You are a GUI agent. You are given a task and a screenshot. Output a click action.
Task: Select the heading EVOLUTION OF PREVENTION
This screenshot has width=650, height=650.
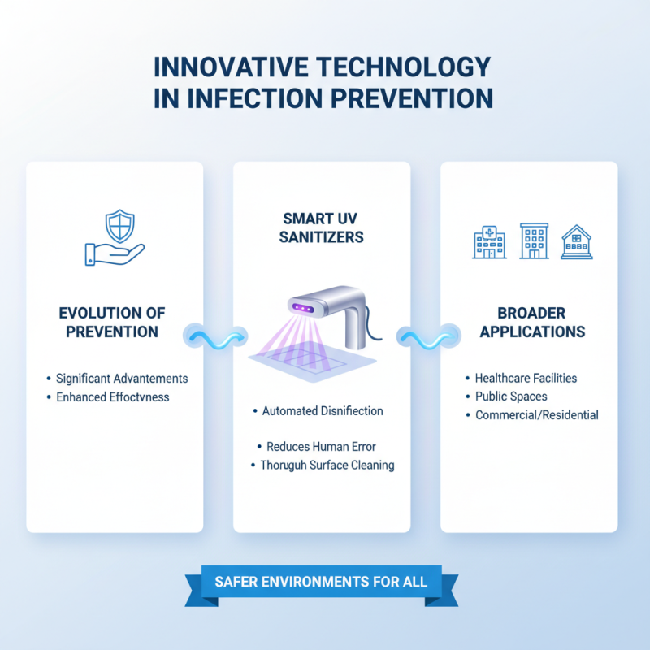click(x=114, y=321)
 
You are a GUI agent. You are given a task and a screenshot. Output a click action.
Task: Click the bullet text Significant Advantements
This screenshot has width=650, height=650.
click(x=122, y=379)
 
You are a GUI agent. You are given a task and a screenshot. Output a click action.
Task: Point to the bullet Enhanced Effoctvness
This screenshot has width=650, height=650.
click(x=113, y=397)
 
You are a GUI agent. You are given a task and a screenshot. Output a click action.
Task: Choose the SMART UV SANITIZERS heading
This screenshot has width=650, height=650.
click(x=324, y=227)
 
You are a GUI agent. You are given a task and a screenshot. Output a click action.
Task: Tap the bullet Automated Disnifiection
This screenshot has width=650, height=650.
click(x=323, y=411)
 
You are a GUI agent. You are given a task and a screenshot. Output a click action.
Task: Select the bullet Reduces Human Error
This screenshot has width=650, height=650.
click(x=321, y=447)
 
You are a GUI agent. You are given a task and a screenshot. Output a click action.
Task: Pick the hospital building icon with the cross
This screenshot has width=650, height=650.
click(x=490, y=242)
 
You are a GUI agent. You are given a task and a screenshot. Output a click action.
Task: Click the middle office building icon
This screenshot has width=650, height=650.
click(x=534, y=241)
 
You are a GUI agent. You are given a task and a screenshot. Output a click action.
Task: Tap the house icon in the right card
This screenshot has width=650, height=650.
click(x=576, y=242)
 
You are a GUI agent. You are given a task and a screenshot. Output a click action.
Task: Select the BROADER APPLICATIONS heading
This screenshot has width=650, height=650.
click(x=531, y=323)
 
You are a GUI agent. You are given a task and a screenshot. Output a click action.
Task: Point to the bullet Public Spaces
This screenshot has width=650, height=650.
click(x=511, y=396)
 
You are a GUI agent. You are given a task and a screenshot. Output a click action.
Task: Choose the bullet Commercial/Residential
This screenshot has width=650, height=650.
click(x=537, y=415)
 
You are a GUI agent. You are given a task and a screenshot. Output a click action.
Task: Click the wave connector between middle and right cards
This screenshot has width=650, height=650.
click(x=425, y=335)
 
